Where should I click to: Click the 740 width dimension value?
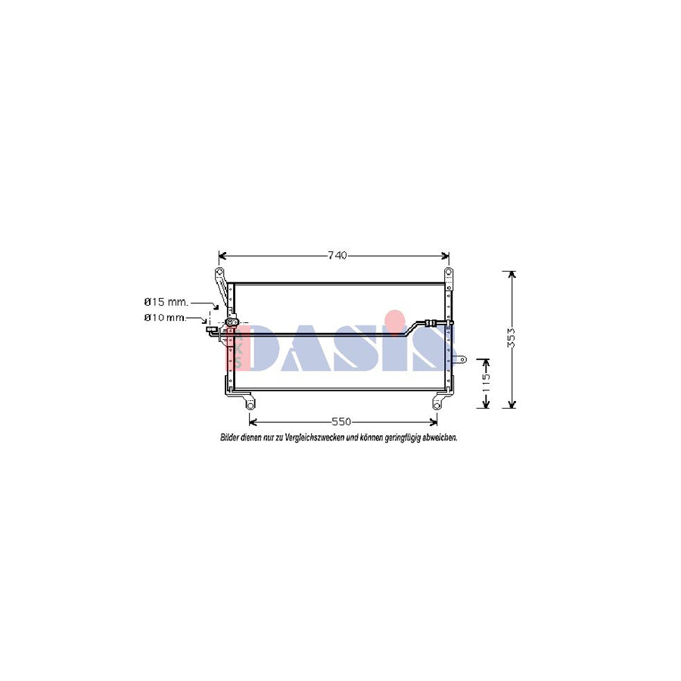(x=337, y=255)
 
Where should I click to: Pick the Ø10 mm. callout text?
(x=164, y=318)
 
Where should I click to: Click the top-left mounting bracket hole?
(x=219, y=272)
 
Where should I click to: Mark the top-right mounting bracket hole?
(x=448, y=272)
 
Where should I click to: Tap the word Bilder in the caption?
(x=229, y=437)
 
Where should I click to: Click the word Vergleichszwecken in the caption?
(x=312, y=437)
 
